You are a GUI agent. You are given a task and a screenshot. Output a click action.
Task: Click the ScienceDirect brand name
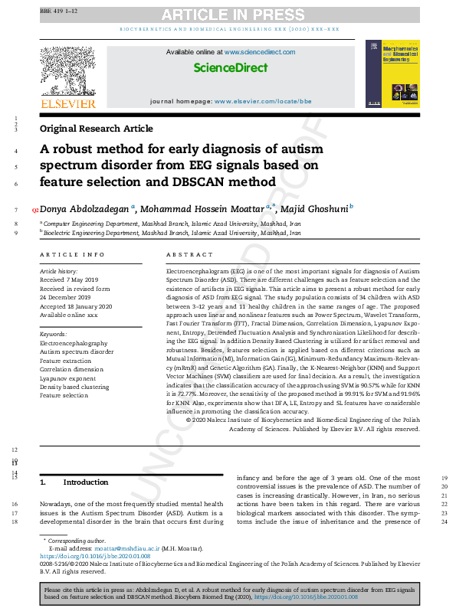(230, 68)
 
